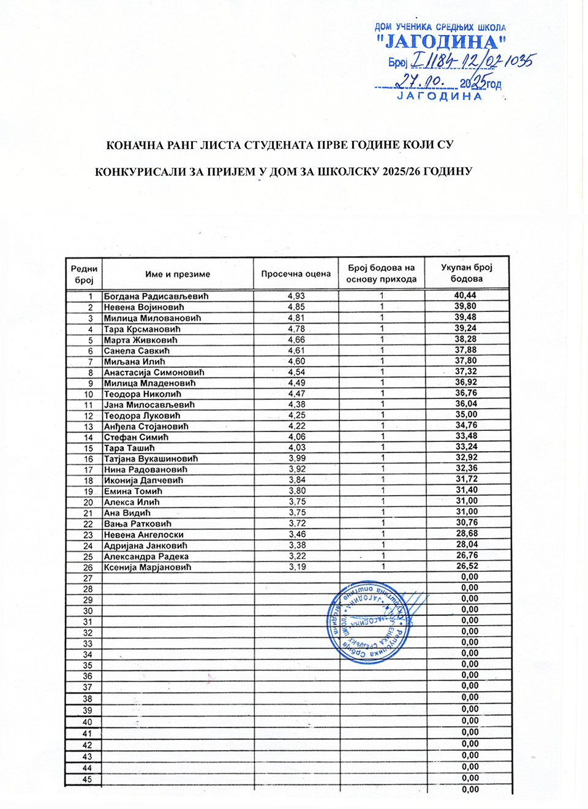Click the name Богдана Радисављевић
point(156,296)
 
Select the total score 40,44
point(466,295)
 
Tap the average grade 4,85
point(296,306)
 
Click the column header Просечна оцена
point(296,274)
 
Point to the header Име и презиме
point(178,274)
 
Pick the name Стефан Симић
point(136,437)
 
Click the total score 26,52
point(467,566)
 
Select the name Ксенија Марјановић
point(148,567)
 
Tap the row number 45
point(88,779)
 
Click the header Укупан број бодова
point(467,273)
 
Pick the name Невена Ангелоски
point(144,534)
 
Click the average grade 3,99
point(297,458)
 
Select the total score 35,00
point(466,414)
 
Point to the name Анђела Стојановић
point(146,426)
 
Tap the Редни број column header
point(84,274)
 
